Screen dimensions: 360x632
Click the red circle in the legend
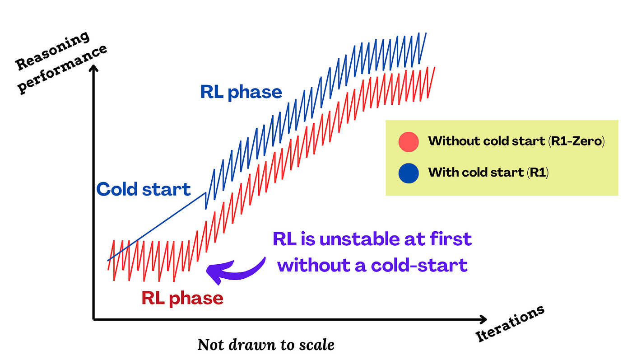(409, 142)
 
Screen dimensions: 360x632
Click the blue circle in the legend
(409, 173)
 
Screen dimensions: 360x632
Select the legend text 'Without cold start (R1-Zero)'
(516, 141)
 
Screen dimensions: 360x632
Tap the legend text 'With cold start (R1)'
(488, 173)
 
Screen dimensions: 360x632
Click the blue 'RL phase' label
(241, 92)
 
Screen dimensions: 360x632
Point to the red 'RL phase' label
(182, 298)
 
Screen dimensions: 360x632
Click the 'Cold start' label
(144, 189)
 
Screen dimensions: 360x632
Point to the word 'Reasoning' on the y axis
(53, 51)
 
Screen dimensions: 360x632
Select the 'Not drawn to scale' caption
(266, 345)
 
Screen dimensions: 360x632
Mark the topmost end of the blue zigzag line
(426, 33)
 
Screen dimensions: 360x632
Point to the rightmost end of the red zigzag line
(434, 67)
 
